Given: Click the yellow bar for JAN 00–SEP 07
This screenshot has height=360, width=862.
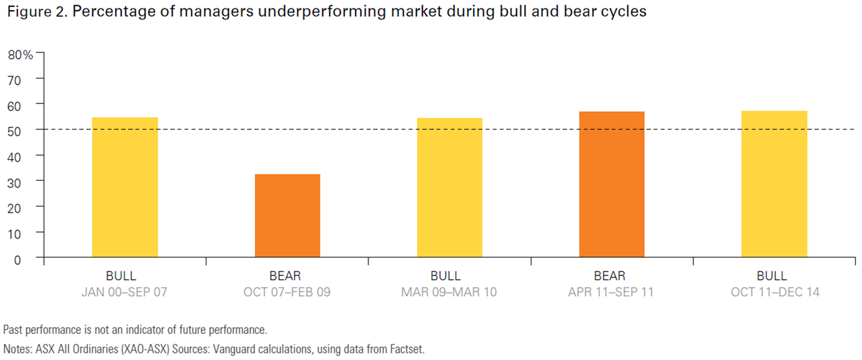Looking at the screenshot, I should click(x=125, y=187).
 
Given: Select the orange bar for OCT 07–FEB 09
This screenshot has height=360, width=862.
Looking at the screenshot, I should click(x=287, y=215).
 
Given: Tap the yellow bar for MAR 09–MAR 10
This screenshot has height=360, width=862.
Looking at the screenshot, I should click(x=450, y=187).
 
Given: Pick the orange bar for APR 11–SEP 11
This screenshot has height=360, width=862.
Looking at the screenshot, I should click(x=611, y=184).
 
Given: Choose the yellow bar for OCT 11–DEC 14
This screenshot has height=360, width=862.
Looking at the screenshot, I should click(x=774, y=184).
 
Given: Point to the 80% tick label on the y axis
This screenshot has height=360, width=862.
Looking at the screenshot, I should click(x=20, y=54).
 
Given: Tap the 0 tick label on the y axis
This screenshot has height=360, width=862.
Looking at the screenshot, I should click(x=17, y=259).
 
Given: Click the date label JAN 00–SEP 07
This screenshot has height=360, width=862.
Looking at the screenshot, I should click(x=125, y=292).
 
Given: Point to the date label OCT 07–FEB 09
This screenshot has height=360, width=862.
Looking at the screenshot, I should click(x=287, y=292).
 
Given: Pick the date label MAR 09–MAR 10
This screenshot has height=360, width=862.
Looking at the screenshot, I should click(x=450, y=292).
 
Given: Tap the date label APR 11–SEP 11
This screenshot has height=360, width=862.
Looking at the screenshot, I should click(x=611, y=292).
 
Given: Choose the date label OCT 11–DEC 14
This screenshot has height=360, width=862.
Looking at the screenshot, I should click(x=774, y=292).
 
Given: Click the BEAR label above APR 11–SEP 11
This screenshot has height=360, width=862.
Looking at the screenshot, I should click(x=611, y=276).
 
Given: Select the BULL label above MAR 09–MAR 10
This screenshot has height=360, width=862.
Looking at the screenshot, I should click(x=450, y=276).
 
